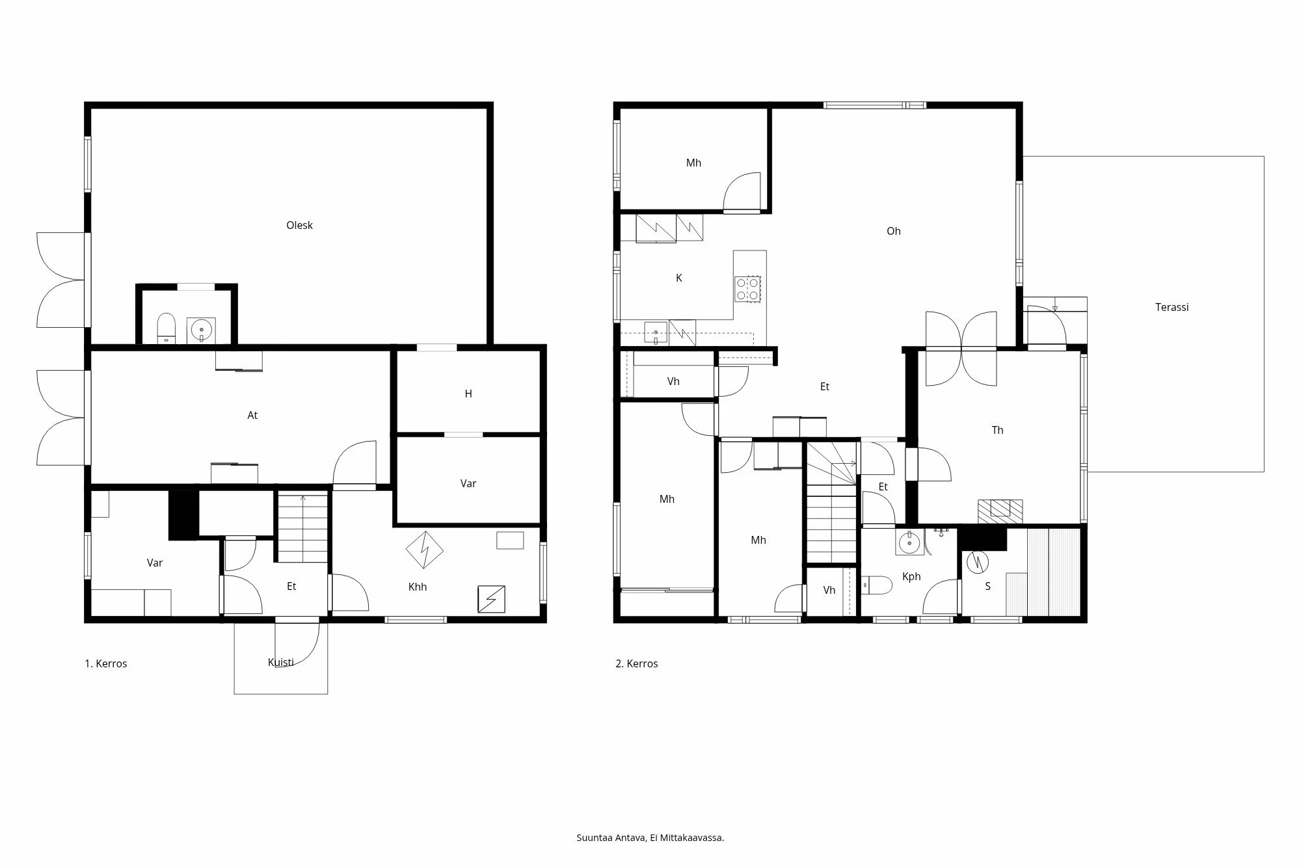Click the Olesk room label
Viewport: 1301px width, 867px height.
[299, 225]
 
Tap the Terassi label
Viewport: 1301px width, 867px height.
[1172, 307]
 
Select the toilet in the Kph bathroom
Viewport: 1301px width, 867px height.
[876, 585]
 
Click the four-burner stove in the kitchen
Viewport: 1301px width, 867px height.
[747, 289]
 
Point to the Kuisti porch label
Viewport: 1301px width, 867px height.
[280, 662]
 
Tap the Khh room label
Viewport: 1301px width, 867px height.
[417, 587]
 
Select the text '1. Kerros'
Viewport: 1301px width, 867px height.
[105, 663]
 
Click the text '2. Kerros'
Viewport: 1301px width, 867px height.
[636, 663]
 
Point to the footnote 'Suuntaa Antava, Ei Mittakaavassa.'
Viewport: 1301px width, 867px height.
[650, 838]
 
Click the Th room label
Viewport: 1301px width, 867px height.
[997, 430]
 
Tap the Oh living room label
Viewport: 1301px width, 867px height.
[893, 231]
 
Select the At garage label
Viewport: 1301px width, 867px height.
[252, 415]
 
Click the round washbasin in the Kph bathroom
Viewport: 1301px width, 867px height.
[909, 541]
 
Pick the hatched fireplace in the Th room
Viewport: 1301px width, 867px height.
[1000, 511]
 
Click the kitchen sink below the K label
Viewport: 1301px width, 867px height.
[656, 332]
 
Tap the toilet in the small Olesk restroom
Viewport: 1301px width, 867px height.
[167, 327]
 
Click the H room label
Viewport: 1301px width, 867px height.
[468, 393]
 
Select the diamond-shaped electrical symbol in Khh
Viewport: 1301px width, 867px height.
[424, 550]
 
